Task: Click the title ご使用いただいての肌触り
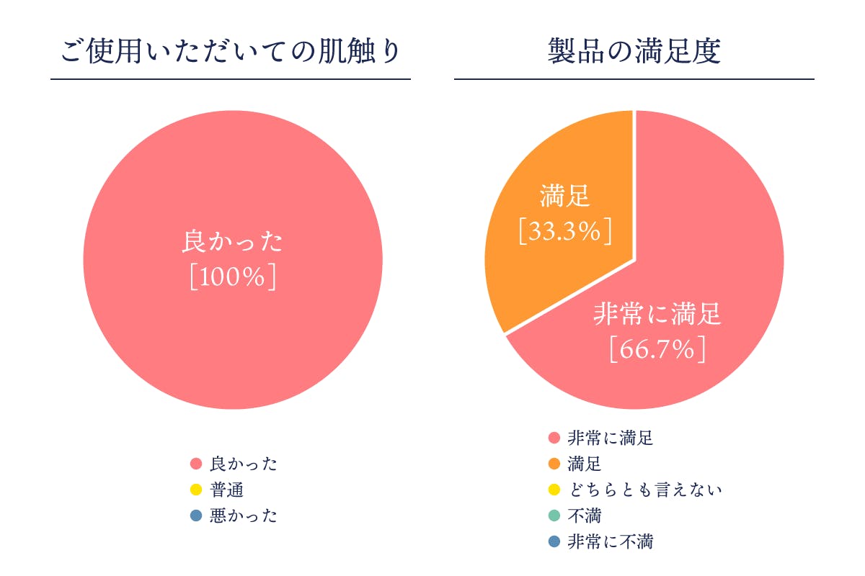point(231,53)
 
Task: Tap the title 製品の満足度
point(634,53)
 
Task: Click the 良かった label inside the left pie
point(232,241)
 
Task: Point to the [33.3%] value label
point(566,231)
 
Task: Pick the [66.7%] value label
point(657,349)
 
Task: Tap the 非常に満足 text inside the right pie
point(657,315)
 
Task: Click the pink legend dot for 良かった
point(195,464)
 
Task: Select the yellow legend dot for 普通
point(195,490)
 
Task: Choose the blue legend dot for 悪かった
point(195,516)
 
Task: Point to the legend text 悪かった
point(243,516)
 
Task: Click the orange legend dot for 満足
point(554,464)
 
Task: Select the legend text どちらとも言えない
point(644,490)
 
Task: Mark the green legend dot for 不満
point(554,516)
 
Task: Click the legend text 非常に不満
point(610,541)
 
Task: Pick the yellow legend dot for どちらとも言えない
point(554,490)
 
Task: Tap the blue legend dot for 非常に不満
point(554,541)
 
